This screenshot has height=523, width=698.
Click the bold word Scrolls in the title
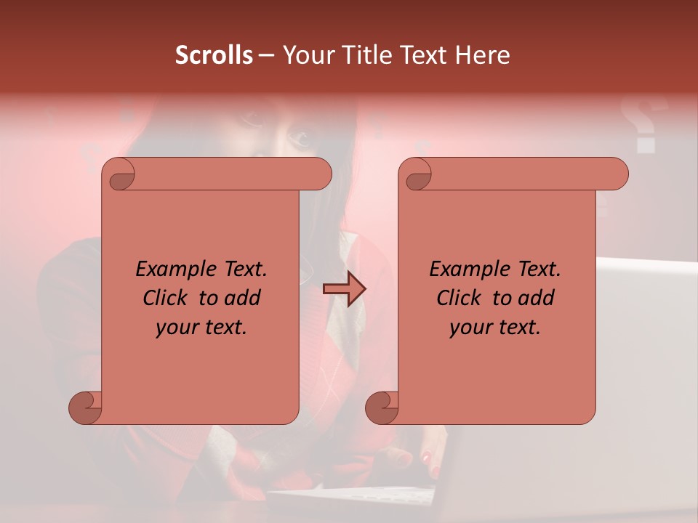(x=214, y=55)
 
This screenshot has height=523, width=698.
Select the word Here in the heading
(x=482, y=55)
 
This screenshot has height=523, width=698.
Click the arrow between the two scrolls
(x=344, y=289)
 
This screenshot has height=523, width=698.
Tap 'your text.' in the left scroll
(x=201, y=328)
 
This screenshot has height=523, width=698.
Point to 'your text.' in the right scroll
(x=494, y=328)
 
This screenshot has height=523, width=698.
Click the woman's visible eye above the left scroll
(x=299, y=137)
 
